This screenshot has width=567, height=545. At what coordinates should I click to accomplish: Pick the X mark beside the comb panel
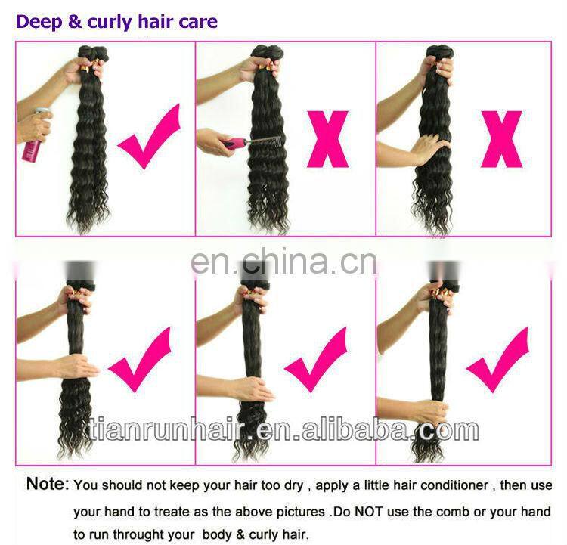click(x=327, y=139)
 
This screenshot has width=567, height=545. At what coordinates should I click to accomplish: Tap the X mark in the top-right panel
click(x=501, y=139)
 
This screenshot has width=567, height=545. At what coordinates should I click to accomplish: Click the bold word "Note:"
click(x=48, y=484)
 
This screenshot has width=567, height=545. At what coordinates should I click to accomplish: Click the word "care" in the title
click(x=198, y=21)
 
